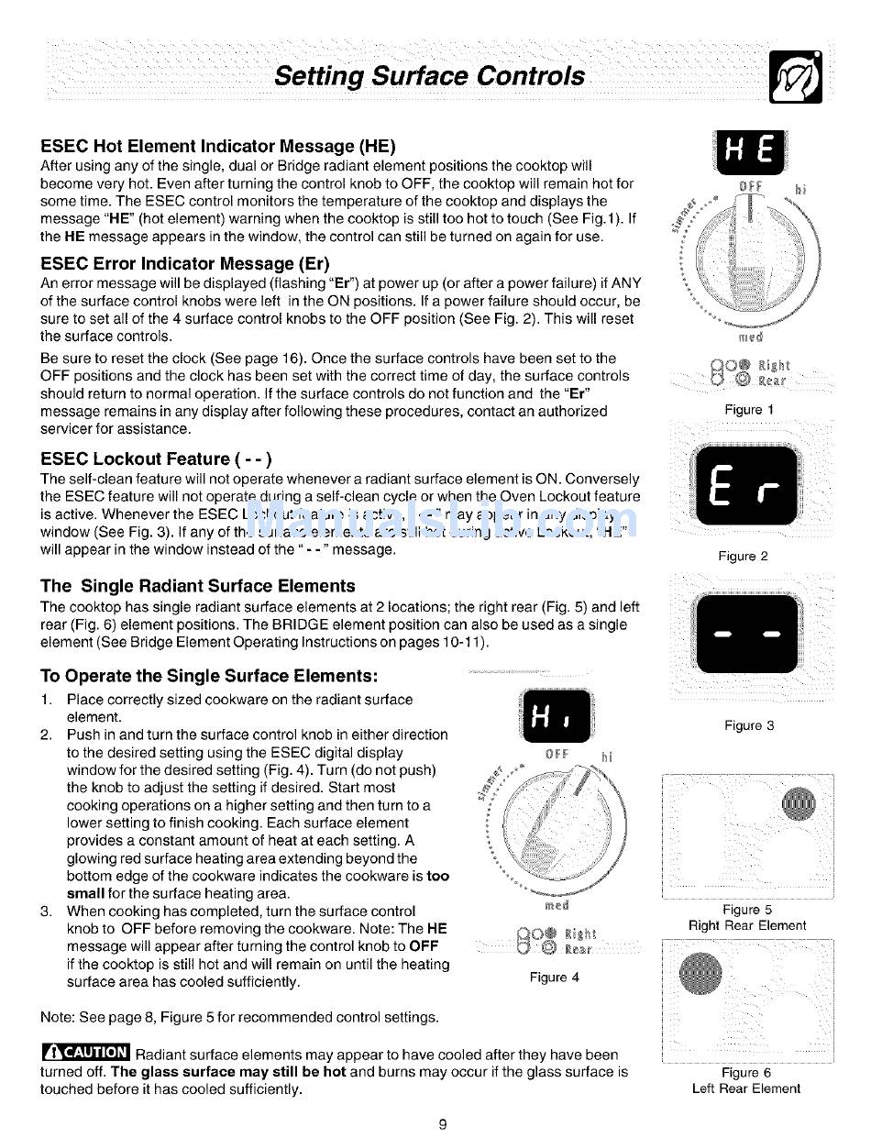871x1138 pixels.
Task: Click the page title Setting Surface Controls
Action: pyautogui.click(x=430, y=75)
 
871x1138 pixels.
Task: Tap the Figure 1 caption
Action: pyautogui.click(x=749, y=410)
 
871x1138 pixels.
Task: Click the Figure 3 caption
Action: pyautogui.click(x=749, y=725)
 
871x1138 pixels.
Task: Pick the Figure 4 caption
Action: pyautogui.click(x=554, y=978)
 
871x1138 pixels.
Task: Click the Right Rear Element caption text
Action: pyautogui.click(x=747, y=925)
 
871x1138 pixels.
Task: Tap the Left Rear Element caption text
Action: pyautogui.click(x=746, y=1088)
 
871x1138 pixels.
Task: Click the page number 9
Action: pyautogui.click(x=442, y=1125)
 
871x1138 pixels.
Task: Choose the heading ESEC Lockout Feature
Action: pyautogui.click(x=157, y=459)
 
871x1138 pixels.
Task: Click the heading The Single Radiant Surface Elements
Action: pyautogui.click(x=197, y=585)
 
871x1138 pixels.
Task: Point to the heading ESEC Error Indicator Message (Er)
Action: pyautogui.click(x=180, y=263)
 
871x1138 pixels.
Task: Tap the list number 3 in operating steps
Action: pyautogui.click(x=46, y=912)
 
